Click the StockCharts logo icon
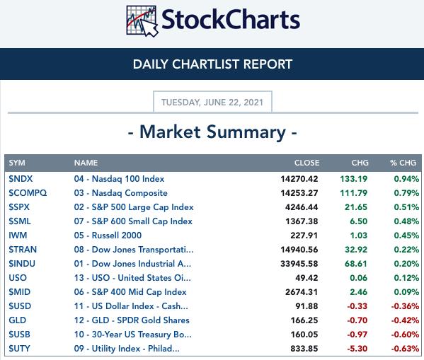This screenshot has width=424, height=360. tap(142, 21)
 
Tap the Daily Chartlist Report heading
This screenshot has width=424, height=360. tap(212, 64)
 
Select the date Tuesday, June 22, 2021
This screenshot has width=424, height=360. tap(212, 103)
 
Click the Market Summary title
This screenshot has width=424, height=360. tap(212, 132)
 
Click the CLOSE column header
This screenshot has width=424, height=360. tap(307, 163)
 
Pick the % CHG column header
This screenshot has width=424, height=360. tap(403, 163)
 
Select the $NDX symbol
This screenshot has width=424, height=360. tap(21, 179)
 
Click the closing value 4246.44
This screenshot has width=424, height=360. tap(302, 207)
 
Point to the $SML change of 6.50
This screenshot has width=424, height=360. tap(359, 221)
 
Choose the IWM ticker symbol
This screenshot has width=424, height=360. tap(18, 236)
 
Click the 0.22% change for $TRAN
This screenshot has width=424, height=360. tap(406, 250)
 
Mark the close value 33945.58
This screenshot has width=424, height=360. tap(299, 264)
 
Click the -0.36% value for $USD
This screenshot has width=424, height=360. tap(405, 306)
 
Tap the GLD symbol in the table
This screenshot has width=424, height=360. tap(17, 320)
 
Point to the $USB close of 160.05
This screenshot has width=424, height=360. tap(304, 335)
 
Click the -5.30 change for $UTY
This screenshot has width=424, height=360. tap(357, 349)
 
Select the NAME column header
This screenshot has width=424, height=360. tap(86, 163)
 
